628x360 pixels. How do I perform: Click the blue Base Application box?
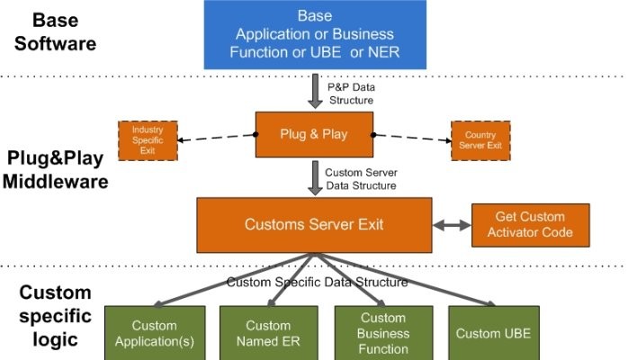tap(314, 35)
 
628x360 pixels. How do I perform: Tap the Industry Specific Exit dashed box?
tap(148, 140)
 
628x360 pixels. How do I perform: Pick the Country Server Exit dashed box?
tap(480, 140)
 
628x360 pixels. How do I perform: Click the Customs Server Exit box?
tap(314, 224)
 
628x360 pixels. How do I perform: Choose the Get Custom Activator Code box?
tap(530, 225)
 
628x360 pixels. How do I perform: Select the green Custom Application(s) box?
tap(154, 333)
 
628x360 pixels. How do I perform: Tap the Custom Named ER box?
tap(268, 333)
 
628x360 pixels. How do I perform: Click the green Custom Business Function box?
tap(383, 332)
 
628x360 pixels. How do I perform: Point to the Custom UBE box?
tap(493, 333)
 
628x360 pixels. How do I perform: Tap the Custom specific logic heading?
tap(55, 316)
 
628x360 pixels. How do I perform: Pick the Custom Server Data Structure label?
tap(360, 177)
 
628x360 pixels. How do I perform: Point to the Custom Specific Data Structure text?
tap(317, 282)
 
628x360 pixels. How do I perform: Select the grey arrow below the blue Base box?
tap(314, 91)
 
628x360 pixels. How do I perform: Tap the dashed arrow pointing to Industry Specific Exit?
tap(216, 138)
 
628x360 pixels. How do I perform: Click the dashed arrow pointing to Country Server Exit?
tap(411, 137)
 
